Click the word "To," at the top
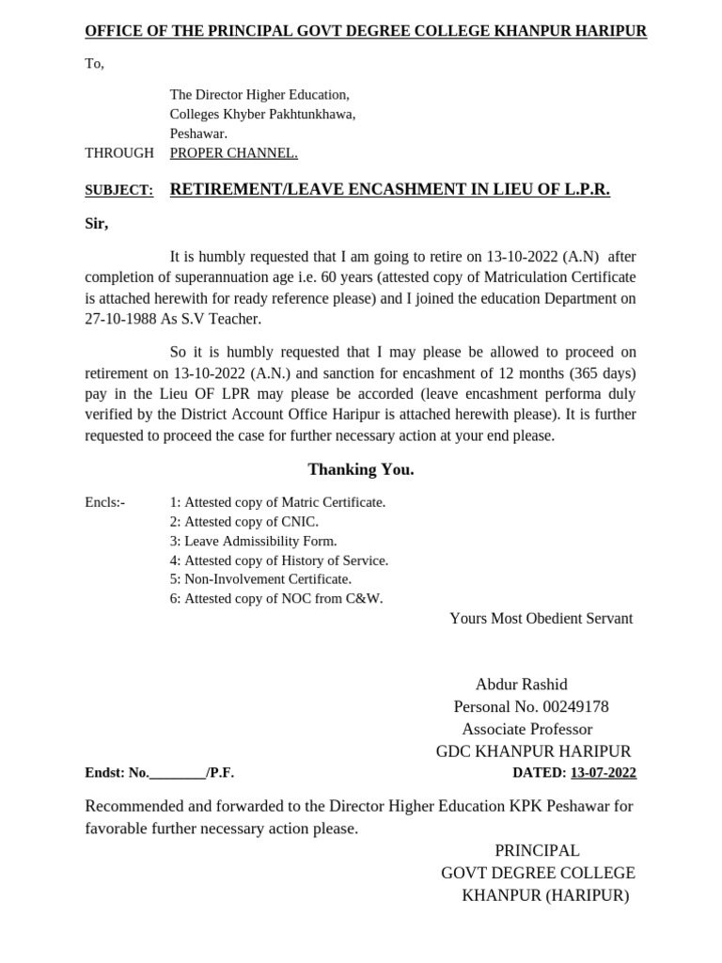(x=94, y=64)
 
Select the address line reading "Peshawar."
(x=198, y=134)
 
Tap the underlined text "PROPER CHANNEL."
(x=233, y=153)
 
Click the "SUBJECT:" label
(x=118, y=191)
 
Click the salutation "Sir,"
(x=97, y=224)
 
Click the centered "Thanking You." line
(x=360, y=469)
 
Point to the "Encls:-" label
(x=104, y=502)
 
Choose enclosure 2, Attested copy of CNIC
(x=243, y=522)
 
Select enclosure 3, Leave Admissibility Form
(x=253, y=542)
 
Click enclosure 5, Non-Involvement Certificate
(x=260, y=579)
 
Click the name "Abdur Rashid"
(x=521, y=685)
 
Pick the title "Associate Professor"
(x=527, y=730)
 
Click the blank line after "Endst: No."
(x=178, y=774)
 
